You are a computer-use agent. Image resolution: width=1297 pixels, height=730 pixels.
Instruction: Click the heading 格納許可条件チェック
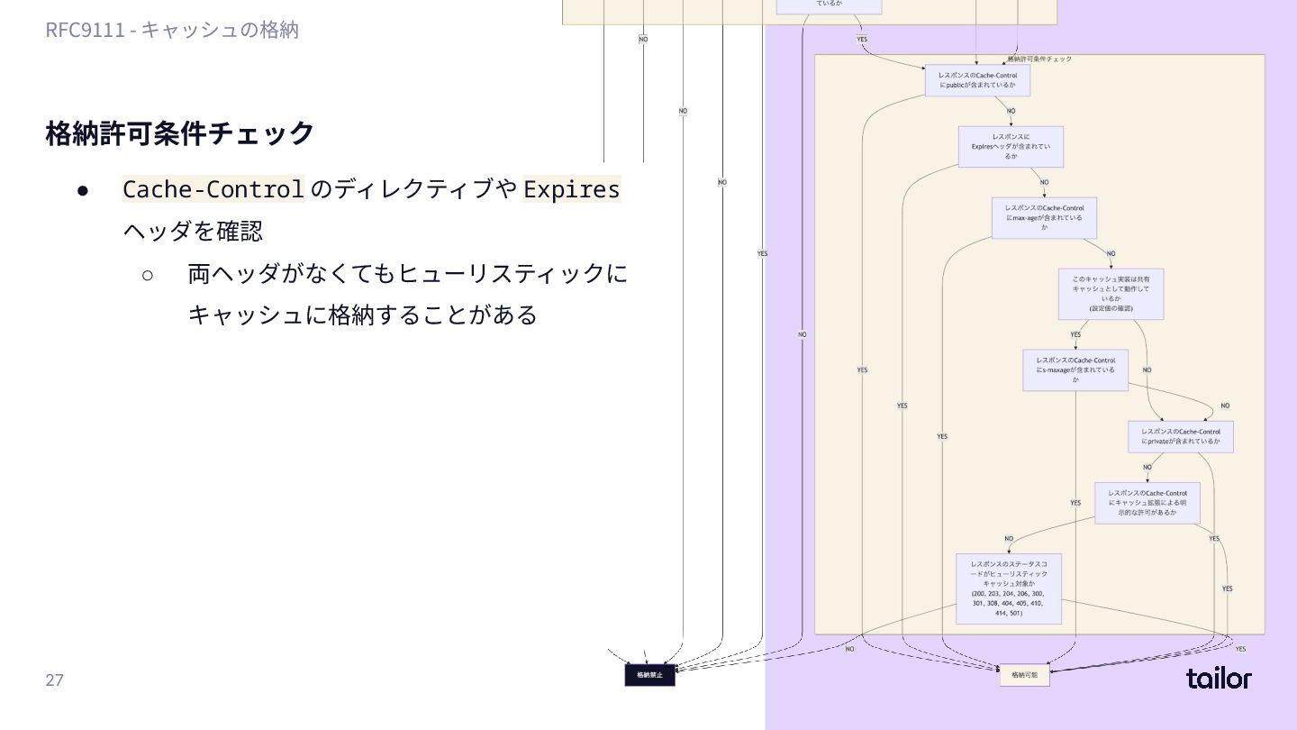[x=180, y=133]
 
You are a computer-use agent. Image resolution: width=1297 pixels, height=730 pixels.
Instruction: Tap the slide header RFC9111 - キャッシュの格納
[x=172, y=30]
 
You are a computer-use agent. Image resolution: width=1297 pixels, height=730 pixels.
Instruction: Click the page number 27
[x=55, y=680]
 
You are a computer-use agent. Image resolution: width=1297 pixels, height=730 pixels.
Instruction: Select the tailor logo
[x=1219, y=679]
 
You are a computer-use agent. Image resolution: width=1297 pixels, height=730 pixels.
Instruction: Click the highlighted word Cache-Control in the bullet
[x=213, y=189]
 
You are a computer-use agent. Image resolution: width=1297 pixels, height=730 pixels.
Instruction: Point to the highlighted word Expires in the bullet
[x=571, y=189]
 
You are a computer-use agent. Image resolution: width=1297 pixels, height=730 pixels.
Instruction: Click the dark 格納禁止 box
[x=649, y=674]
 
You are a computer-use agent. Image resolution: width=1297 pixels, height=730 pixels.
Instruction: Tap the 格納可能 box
[x=1024, y=674]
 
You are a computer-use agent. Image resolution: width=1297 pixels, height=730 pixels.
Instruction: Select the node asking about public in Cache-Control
[x=977, y=80]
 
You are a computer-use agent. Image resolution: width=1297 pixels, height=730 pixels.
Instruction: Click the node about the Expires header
[x=1011, y=147]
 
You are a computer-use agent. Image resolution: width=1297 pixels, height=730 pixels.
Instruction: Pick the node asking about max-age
[x=1044, y=217]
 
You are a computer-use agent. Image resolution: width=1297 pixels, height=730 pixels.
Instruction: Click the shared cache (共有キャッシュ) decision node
[x=1111, y=294]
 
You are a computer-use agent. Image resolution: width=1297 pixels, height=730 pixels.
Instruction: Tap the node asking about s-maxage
[x=1075, y=370]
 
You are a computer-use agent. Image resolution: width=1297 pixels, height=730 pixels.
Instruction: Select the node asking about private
[x=1180, y=437]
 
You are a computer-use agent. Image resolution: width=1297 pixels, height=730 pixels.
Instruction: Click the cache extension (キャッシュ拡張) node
[x=1147, y=503]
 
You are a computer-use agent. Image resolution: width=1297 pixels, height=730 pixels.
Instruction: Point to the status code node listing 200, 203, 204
[x=1008, y=589]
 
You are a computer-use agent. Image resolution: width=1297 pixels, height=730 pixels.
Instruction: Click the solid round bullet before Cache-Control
[x=82, y=190]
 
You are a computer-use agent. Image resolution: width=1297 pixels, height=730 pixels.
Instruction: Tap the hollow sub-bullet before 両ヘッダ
[x=148, y=273]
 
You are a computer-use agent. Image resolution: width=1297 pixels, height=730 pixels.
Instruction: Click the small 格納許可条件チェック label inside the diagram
[x=1040, y=59]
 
